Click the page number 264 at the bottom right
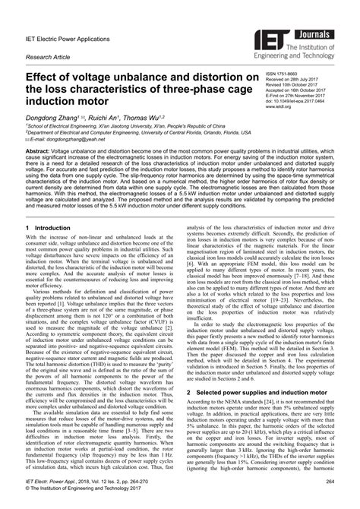point(330,483)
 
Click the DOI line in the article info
point(301,102)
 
